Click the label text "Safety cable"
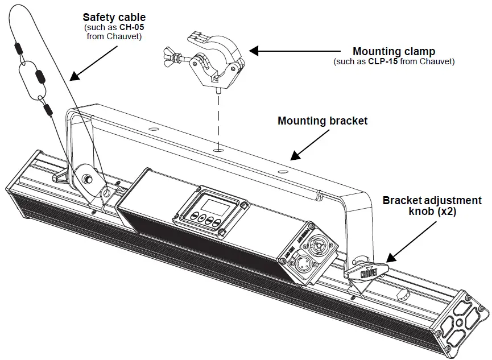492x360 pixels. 114,18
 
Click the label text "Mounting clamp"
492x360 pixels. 394,51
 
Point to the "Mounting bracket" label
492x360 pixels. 323,121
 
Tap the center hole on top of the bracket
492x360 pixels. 218,151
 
